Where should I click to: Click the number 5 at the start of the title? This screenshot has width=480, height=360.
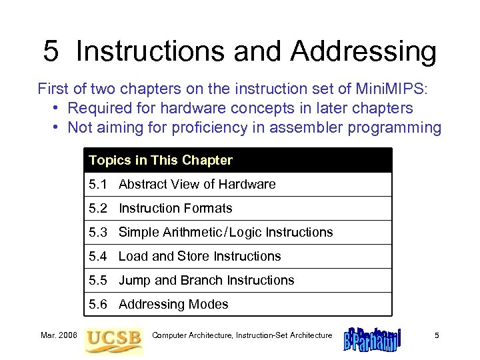tap(51, 51)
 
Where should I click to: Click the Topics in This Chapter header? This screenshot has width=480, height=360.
tap(161, 160)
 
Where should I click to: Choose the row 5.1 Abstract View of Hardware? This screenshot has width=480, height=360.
tap(182, 184)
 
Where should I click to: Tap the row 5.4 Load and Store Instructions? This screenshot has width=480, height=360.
tap(185, 256)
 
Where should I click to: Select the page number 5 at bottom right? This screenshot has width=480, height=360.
tap(437, 335)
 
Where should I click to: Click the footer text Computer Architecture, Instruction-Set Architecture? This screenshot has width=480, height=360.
tap(242, 335)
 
